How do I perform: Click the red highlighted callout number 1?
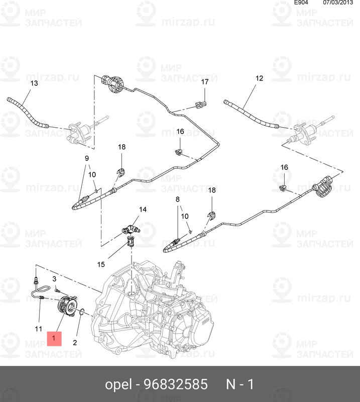coord(54,338)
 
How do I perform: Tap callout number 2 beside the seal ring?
coord(75,343)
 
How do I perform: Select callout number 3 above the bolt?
coord(54,279)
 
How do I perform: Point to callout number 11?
coord(39,329)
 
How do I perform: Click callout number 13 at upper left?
coord(34,83)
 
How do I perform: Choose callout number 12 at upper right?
coord(259,78)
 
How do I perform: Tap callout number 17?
coord(205,82)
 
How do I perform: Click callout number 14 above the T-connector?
coord(143,210)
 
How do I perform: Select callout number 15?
coord(101,264)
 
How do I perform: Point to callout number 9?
coord(87,158)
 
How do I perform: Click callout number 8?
coord(178,199)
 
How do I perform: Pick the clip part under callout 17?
coord(201,105)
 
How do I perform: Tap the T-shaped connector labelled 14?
coord(131,229)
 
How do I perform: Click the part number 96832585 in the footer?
coord(176,384)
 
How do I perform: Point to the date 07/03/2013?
coord(338,3)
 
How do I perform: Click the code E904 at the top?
coord(301,3)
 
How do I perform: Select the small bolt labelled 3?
coord(57,291)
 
